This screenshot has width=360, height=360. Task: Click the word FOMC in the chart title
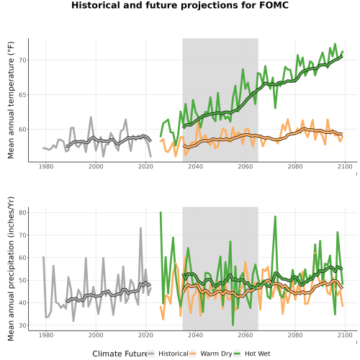pos(274,5)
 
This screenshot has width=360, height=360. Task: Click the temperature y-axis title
pos(11,100)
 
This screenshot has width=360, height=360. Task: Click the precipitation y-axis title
pos(11,269)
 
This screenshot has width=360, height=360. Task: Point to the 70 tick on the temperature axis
pos(22,60)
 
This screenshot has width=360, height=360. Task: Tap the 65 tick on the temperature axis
pos(22,95)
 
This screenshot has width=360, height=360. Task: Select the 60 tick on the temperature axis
pos(22,130)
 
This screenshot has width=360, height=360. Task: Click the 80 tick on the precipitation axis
pos(22,212)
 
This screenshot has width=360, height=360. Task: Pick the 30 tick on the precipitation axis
pos(22,325)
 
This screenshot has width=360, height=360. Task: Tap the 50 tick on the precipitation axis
pos(22,280)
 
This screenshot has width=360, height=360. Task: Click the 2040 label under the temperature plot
pos(195,166)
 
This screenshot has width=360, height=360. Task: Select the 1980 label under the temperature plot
pos(46,166)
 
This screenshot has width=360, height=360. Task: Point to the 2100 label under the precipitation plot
pos(345,335)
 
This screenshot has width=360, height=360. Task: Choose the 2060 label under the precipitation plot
pos(246,335)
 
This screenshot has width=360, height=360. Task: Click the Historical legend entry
pos(174,354)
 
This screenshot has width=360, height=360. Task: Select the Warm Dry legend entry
pos(216,354)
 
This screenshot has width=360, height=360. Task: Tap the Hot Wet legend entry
pos(257,354)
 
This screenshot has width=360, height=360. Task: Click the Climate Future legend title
pos(120,354)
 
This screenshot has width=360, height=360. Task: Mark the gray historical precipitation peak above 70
pos(140,228)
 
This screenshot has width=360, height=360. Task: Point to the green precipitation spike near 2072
pos(275,217)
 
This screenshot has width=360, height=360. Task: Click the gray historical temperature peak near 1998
pos(91,117)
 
